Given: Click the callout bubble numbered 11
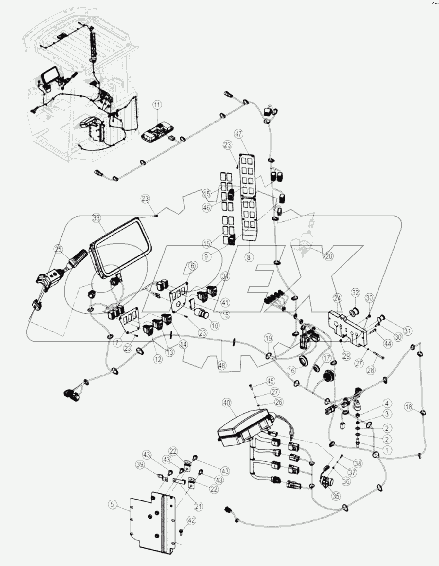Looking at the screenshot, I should (x=157, y=105).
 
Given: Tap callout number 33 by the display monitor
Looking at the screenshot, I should (x=96, y=218).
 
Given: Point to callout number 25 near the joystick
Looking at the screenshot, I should (x=58, y=250).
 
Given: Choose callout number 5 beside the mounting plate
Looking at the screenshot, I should (x=113, y=505).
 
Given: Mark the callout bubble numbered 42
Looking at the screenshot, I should (x=191, y=520).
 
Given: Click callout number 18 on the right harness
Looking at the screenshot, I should (x=409, y=407).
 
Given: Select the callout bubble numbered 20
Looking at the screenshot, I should (x=329, y=256).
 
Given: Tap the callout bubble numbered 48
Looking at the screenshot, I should (x=222, y=366).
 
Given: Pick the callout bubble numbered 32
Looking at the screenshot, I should (x=356, y=292).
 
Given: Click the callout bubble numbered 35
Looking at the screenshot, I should (x=336, y=496).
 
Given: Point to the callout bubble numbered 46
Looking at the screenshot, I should (x=206, y=208).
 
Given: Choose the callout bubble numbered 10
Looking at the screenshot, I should (x=215, y=326).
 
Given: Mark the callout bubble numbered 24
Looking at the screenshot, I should (x=337, y=298).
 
